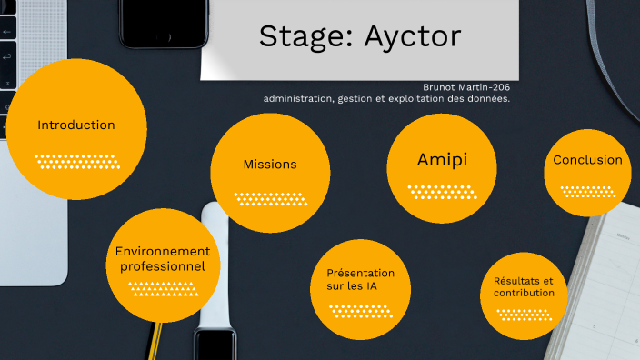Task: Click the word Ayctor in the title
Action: coord(413,36)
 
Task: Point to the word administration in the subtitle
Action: coord(300,98)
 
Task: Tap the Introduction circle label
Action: coord(76,125)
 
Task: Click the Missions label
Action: coord(270,165)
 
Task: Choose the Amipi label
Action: coord(442,159)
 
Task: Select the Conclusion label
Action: coord(588,160)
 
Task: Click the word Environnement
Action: coord(163,251)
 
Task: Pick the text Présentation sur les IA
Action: coord(361,279)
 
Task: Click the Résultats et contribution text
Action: coord(524,286)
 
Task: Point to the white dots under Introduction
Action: coord(76,162)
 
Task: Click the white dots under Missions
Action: coord(270,198)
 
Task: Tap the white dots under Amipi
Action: coord(442,192)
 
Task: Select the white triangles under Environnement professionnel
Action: coord(162,289)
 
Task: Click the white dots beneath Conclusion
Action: coord(588,192)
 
